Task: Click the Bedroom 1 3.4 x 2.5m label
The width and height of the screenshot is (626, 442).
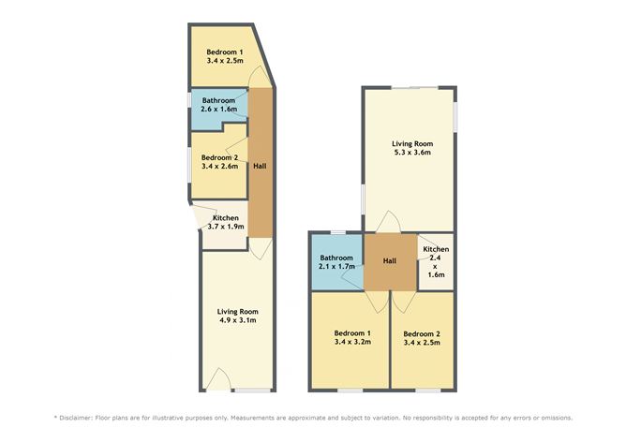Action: (x=224, y=55)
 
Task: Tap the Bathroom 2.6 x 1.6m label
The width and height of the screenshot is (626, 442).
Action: (x=217, y=104)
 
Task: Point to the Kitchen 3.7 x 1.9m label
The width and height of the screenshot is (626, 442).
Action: (x=224, y=221)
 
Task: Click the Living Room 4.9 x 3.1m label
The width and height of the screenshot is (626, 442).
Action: (x=237, y=316)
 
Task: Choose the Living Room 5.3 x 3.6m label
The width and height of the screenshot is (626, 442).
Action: (x=410, y=147)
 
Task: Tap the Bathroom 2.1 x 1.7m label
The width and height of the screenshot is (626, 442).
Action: (x=335, y=261)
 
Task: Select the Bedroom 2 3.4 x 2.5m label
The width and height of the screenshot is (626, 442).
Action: (x=422, y=337)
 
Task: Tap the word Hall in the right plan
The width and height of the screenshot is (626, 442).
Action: (x=390, y=259)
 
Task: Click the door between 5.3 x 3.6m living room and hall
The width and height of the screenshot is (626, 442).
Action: (x=390, y=224)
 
